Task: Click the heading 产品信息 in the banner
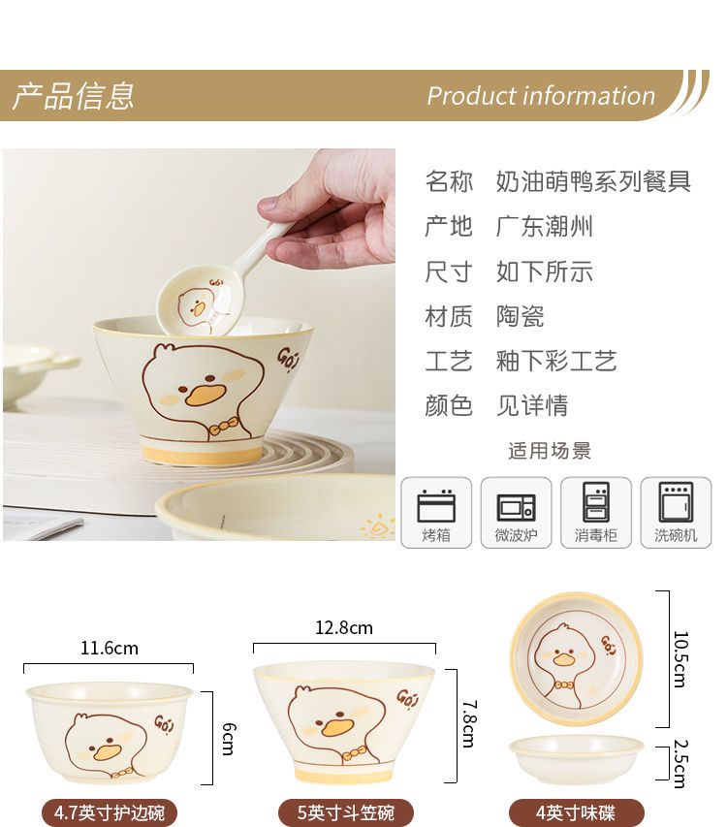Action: click(74, 96)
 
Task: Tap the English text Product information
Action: click(541, 96)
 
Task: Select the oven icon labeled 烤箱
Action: click(436, 506)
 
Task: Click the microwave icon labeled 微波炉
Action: click(516, 507)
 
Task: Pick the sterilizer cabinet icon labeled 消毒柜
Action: click(596, 502)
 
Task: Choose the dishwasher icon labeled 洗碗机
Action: click(676, 502)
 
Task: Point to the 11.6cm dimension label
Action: click(110, 649)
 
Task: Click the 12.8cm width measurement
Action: click(344, 627)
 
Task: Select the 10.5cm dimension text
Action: click(681, 659)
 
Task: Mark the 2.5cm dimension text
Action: click(681, 764)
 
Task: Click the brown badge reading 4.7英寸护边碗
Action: click(110, 812)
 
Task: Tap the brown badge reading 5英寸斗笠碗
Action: click(346, 812)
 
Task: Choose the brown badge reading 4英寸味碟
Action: click(576, 812)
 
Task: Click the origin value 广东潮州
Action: click(545, 226)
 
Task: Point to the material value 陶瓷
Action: click(520, 316)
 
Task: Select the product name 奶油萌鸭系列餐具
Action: click(593, 181)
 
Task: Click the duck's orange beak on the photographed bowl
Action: click(205, 394)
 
